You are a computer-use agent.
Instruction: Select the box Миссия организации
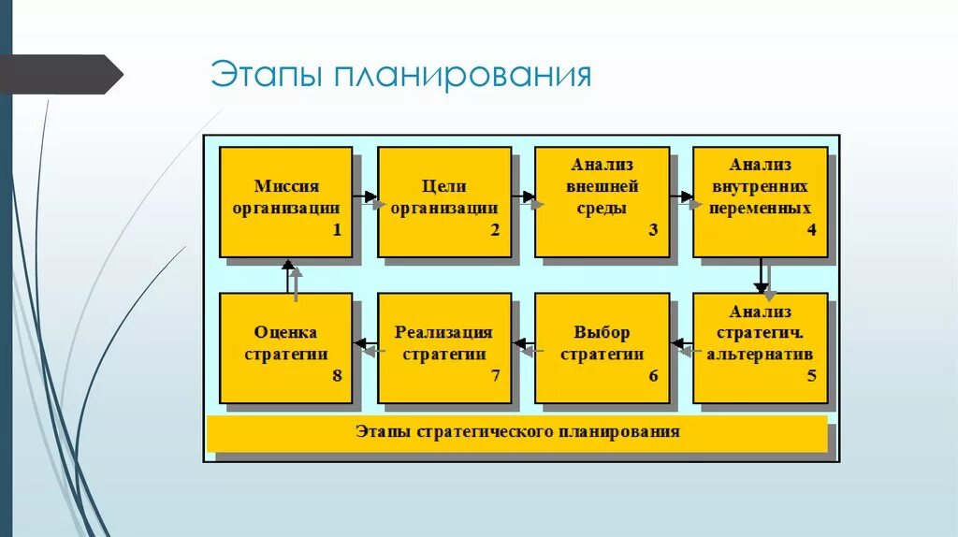point(285,200)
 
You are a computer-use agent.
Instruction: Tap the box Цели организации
point(444,200)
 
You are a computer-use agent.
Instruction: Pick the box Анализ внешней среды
point(602,200)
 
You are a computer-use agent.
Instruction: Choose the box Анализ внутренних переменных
point(760,200)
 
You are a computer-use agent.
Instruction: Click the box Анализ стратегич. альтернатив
point(760,347)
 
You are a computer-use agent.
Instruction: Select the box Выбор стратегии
point(602,347)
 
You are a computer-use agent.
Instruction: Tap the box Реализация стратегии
point(444,347)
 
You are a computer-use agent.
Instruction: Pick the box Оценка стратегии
point(285,347)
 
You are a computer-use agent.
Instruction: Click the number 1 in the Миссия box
point(337,230)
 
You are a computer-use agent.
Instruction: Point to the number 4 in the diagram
point(811,230)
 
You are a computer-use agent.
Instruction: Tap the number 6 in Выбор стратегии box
point(653,376)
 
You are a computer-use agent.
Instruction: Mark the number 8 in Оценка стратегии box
point(337,376)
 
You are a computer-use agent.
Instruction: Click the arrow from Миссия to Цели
point(366,197)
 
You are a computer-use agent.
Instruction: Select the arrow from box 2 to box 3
point(524,197)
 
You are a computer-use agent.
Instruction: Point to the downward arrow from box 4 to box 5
point(762,276)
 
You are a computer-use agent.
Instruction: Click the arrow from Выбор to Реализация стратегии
point(524,347)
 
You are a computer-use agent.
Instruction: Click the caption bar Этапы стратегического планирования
point(517,432)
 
